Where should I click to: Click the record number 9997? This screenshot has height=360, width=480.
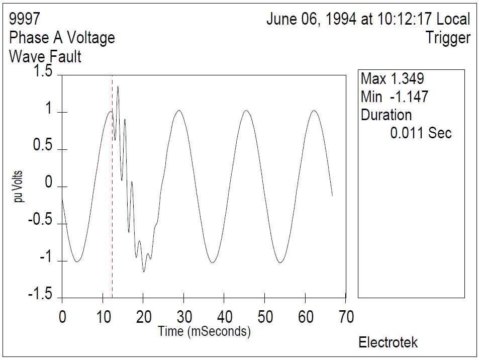pyautogui.click(x=25, y=20)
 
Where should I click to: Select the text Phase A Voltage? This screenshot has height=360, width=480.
pyautogui.click(x=62, y=38)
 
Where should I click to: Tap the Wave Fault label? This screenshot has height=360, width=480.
pyautogui.click(x=45, y=56)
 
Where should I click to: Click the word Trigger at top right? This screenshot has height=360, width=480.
pyautogui.click(x=448, y=38)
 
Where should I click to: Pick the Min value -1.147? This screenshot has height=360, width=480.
pyautogui.click(x=409, y=97)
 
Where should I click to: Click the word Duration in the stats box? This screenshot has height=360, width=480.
pyautogui.click(x=386, y=115)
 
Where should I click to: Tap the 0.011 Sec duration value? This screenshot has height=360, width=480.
pyautogui.click(x=421, y=133)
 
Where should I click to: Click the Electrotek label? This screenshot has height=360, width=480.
pyautogui.click(x=388, y=343)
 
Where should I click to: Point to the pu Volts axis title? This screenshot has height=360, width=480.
pyautogui.click(x=19, y=187)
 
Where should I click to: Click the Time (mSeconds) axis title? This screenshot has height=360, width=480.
pyautogui.click(x=204, y=331)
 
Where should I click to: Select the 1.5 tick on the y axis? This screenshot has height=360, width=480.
pyautogui.click(x=42, y=72)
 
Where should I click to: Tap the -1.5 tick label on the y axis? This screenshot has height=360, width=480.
pyautogui.click(x=39, y=295)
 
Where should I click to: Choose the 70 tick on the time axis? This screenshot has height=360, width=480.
pyautogui.click(x=346, y=317)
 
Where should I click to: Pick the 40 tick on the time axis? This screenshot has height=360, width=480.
pyautogui.click(x=224, y=317)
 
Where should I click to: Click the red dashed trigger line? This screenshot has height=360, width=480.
pyautogui.click(x=112, y=201)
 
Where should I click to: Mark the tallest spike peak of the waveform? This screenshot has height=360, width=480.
pyautogui.click(x=118, y=86)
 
